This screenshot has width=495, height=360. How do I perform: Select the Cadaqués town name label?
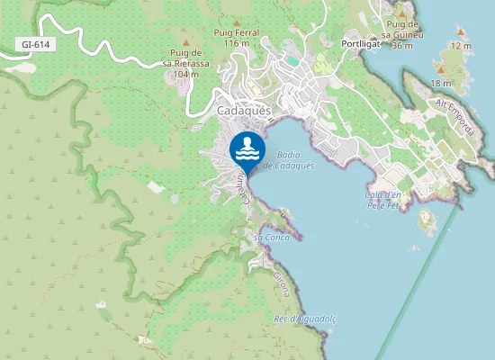pos(244,111)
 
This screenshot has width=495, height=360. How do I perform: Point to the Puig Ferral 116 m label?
pos(237,38)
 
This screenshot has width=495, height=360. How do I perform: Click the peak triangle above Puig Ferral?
pos(237,22)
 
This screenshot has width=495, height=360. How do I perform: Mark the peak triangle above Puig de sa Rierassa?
pos(185,42)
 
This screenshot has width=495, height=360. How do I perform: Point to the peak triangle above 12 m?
pos(461,33)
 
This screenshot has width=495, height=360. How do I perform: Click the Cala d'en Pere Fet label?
pos(382,200)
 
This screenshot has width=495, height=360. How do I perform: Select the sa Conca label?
pos(269,237)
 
